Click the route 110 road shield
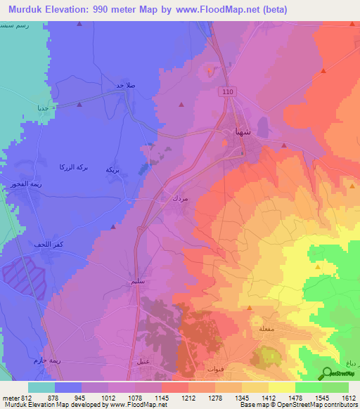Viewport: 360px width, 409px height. pyautogui.click(x=226, y=92)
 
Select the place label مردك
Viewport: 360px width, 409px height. pyautogui.click(x=180, y=199)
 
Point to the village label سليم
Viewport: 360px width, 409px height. pyautogui.click(x=137, y=281)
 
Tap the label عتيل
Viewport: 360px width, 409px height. pyautogui.click(x=143, y=361)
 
